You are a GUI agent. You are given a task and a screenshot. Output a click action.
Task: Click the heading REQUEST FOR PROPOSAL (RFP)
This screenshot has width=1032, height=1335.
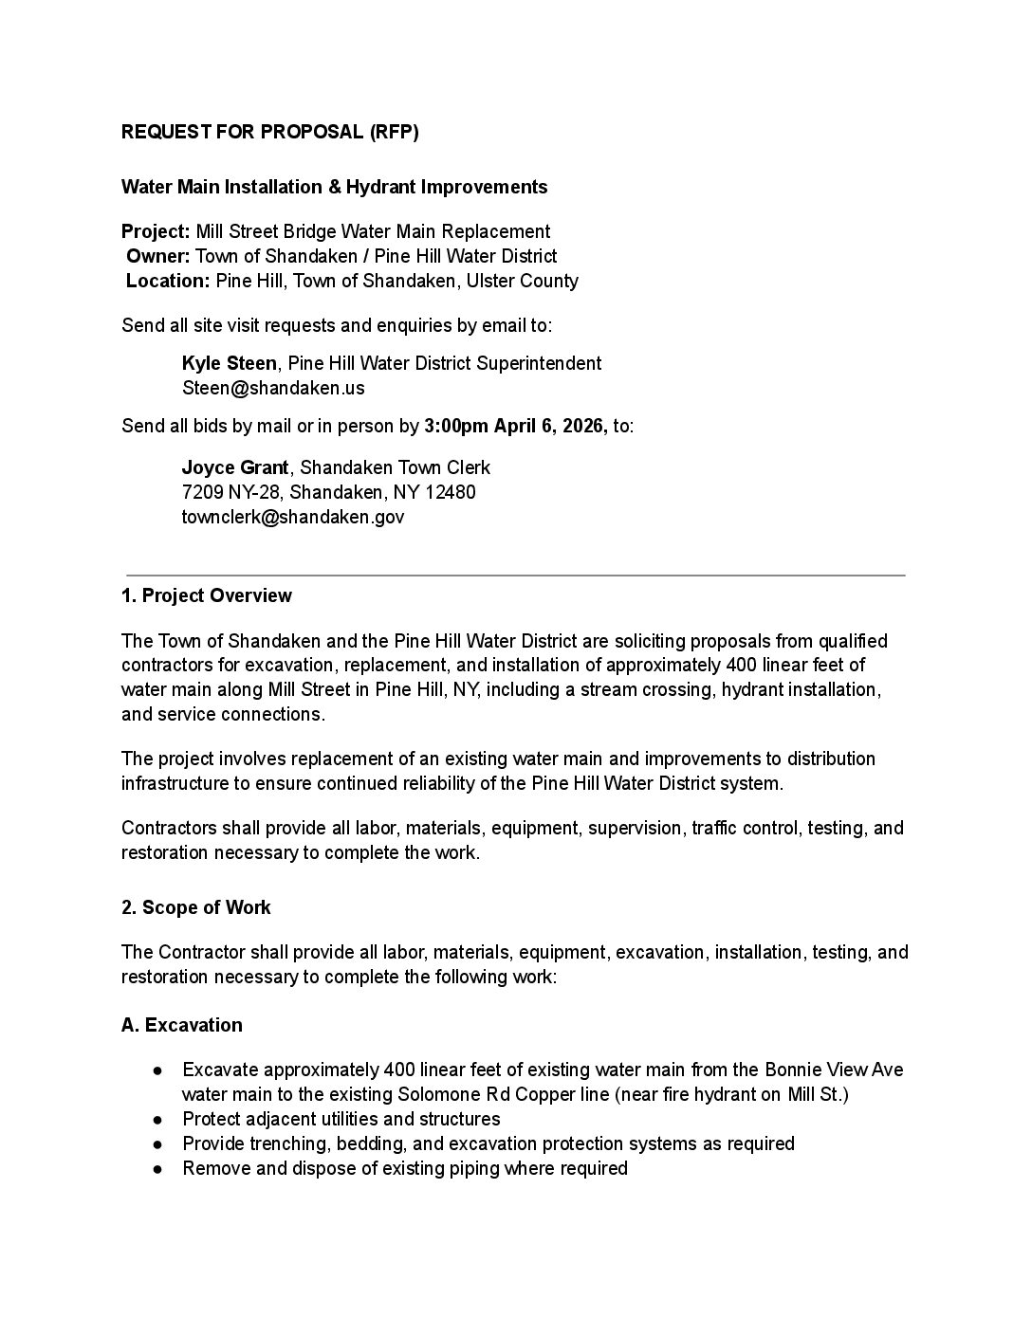pyautogui.click(x=269, y=132)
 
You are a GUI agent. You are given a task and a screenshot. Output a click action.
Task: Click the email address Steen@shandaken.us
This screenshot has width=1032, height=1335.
pyautogui.click(x=273, y=388)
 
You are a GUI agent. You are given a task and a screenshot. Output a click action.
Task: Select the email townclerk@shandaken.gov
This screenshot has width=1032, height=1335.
pyautogui.click(x=292, y=517)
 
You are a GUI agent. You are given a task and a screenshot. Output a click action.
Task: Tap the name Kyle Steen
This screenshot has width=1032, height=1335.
pyautogui.click(x=229, y=363)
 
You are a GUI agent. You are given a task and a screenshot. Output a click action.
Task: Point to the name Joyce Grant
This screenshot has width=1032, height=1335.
pyautogui.click(x=235, y=467)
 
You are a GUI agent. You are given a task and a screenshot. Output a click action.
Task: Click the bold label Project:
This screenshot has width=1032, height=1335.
pyautogui.click(x=156, y=231)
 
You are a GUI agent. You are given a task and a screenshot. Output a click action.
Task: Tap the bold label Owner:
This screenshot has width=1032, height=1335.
pyautogui.click(x=158, y=256)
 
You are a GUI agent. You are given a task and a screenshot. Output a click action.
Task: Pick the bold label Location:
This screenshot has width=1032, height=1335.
pyautogui.click(x=168, y=281)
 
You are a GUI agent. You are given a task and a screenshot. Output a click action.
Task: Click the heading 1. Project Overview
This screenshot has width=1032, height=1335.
pyautogui.click(x=207, y=595)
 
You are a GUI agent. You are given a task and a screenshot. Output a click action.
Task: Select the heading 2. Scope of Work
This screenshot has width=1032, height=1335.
pyautogui.click(x=196, y=907)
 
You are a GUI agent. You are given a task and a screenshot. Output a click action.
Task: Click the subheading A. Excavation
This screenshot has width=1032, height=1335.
pyautogui.click(x=182, y=1025)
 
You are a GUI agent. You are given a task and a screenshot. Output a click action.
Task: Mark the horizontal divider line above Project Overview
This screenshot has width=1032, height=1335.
pyautogui.click(x=516, y=575)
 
